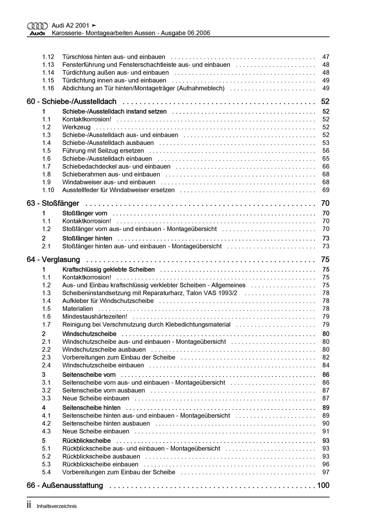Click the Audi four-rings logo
(37, 26)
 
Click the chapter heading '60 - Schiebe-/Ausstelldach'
(71, 102)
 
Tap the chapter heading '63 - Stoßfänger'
(53, 203)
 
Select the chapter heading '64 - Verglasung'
(53, 260)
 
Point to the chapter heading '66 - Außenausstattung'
(65, 485)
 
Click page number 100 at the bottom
(323, 485)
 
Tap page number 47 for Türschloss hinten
(326, 57)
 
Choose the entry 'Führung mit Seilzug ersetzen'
(103, 151)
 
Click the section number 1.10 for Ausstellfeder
(48, 190)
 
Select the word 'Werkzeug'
(76, 127)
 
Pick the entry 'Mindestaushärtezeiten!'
(95, 317)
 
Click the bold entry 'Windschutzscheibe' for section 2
(89, 334)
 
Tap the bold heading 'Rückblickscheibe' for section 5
(87, 441)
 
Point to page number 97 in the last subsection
(326, 472)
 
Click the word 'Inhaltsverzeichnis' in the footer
(57, 506)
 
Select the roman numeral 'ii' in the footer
(29, 505)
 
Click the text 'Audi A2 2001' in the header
(71, 26)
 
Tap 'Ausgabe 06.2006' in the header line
(185, 33)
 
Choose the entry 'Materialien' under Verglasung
(77, 309)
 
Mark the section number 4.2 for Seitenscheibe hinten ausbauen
(46, 423)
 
